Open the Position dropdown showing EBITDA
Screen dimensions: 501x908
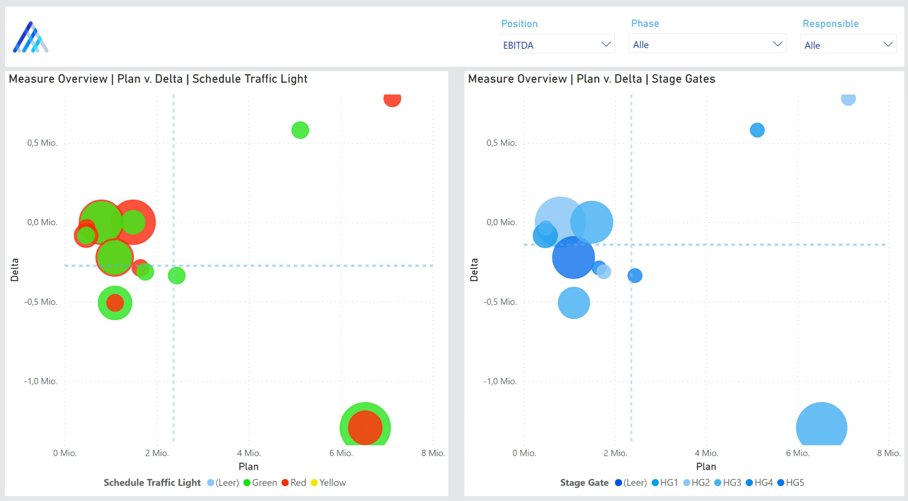tap(556, 45)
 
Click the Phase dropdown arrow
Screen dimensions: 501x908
tap(777, 44)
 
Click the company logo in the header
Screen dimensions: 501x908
tap(31, 37)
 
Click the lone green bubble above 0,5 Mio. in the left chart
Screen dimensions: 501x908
tap(300, 130)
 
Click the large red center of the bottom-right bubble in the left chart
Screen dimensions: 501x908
tap(365, 427)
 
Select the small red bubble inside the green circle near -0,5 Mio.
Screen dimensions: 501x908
tap(115, 303)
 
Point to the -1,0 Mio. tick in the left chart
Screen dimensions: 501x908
tap(41, 381)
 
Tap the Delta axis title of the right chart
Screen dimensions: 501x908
tap(474, 269)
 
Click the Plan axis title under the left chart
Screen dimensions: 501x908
tap(249, 466)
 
